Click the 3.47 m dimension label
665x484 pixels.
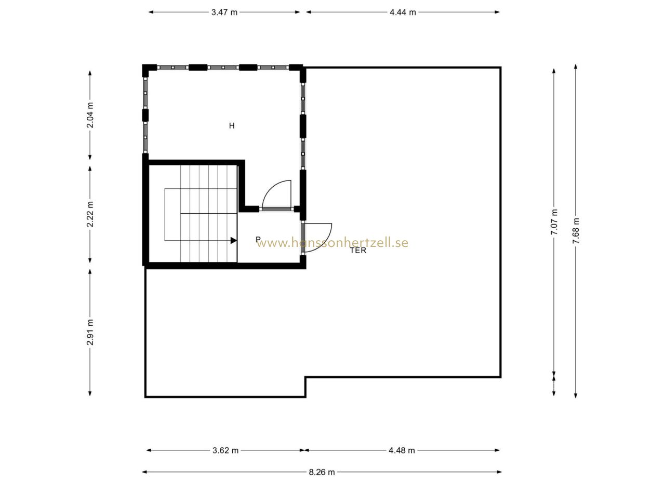(224, 12)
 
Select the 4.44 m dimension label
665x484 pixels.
(403, 12)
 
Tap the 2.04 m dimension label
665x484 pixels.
(90, 115)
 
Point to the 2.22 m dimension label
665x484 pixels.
(90, 214)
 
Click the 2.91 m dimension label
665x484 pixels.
(90, 332)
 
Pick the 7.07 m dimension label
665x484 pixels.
(554, 222)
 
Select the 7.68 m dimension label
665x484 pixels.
(576, 231)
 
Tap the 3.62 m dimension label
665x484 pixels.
(225, 450)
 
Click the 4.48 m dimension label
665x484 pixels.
(402, 450)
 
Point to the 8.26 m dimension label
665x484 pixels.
(322, 472)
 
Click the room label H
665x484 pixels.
(232, 126)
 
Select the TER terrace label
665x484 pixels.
(358, 251)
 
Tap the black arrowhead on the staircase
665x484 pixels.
(234, 240)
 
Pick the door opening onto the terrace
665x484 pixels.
(316, 238)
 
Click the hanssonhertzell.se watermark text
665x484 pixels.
(332, 243)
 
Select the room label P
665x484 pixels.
(258, 239)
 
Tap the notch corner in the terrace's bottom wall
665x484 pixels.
(305, 377)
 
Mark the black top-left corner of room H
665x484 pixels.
(146, 68)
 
